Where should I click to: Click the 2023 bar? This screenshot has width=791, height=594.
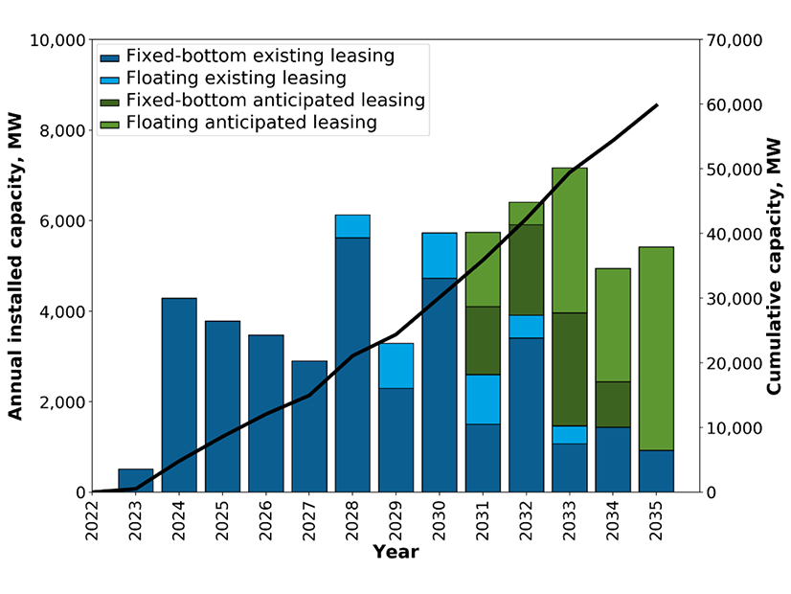[135, 480]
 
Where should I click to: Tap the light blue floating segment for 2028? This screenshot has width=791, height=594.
[352, 226]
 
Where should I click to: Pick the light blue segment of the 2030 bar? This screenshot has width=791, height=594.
[440, 255]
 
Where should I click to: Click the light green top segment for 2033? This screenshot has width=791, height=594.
[569, 240]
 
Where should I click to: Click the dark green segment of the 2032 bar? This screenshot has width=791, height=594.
[526, 269]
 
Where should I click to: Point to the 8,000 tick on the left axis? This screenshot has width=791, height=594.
[59, 130]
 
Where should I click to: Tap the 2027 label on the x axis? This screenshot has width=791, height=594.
[310, 522]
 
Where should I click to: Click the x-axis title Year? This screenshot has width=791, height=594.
[395, 552]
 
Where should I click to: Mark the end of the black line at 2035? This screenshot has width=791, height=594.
[657, 104]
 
